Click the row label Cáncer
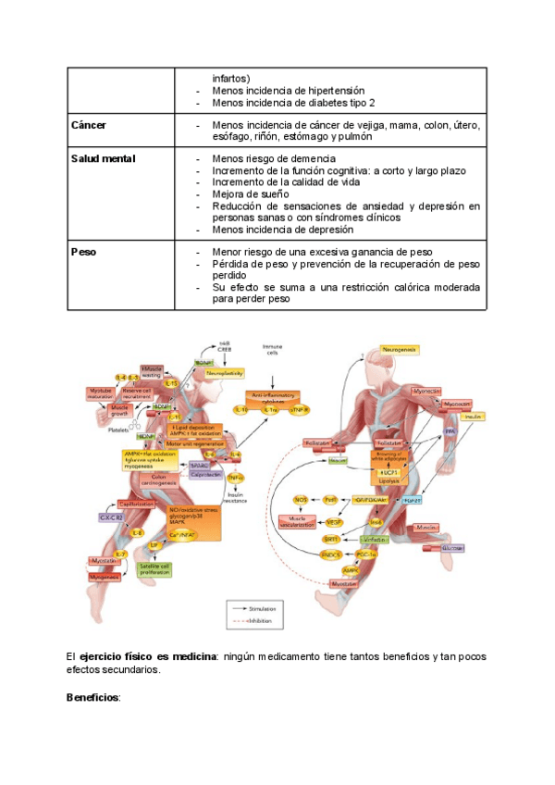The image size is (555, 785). [90, 125]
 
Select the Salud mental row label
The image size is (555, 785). [103, 159]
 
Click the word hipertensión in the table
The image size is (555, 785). [330, 91]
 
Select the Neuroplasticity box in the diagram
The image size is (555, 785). [225, 373]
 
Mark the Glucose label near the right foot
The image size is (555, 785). [452, 549]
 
